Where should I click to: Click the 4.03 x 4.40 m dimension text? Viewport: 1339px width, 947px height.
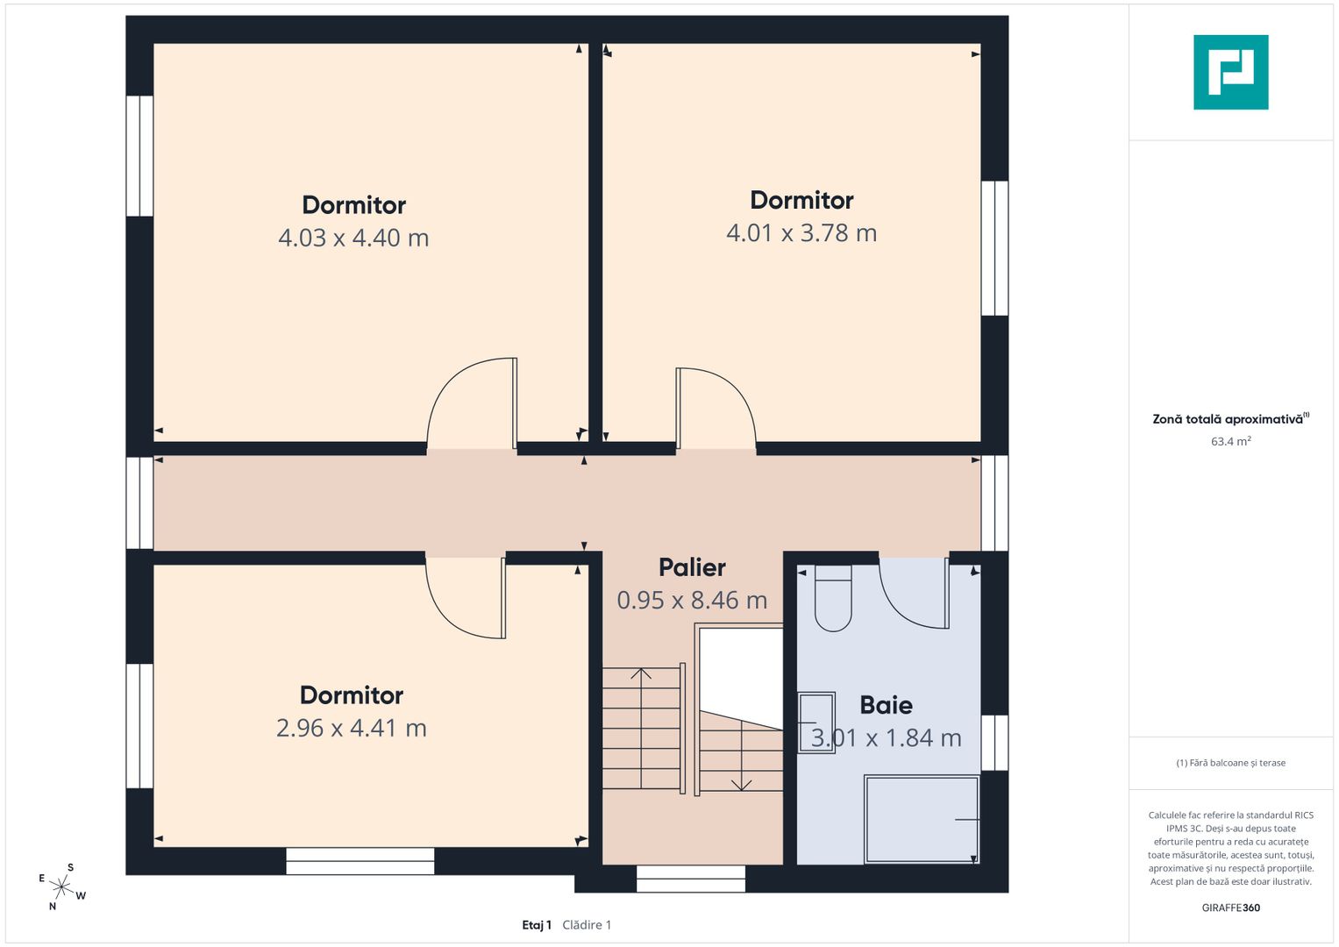(353, 238)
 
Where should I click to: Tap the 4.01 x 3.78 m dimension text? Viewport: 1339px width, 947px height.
(801, 233)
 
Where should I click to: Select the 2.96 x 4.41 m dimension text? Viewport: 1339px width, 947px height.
(352, 728)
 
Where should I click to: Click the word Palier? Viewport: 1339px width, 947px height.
(692, 568)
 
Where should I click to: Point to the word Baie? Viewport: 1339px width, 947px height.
(886, 706)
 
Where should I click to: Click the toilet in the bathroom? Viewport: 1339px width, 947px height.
(833, 598)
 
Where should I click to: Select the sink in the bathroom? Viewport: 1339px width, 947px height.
(817, 723)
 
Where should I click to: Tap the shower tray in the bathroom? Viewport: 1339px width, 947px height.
(922, 819)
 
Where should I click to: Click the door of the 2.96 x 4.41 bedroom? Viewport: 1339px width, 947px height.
(466, 598)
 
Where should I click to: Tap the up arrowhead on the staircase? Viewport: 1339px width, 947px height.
(641, 673)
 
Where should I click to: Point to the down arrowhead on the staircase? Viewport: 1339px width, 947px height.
(741, 785)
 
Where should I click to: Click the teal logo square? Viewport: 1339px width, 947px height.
(1231, 72)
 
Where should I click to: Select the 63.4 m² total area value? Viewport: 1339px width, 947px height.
(1231, 441)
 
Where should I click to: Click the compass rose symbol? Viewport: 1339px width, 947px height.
(61, 886)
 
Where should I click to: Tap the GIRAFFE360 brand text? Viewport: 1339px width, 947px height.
(1231, 908)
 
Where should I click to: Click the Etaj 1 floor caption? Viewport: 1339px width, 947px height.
(537, 925)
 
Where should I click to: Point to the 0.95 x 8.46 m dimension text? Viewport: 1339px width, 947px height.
(692, 601)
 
